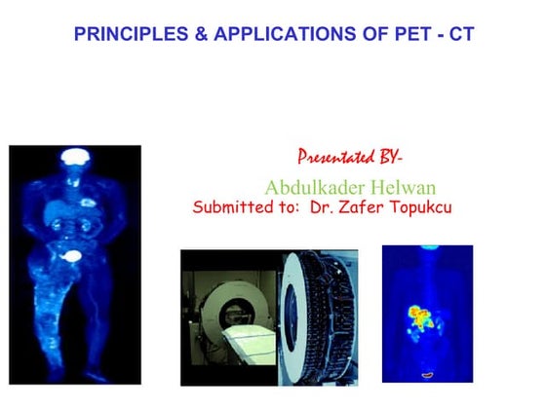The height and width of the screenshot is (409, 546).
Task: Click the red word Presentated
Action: pos(334,158)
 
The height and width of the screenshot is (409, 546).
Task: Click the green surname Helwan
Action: pos(396,187)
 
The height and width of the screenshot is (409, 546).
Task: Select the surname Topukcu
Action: pos(423,207)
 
